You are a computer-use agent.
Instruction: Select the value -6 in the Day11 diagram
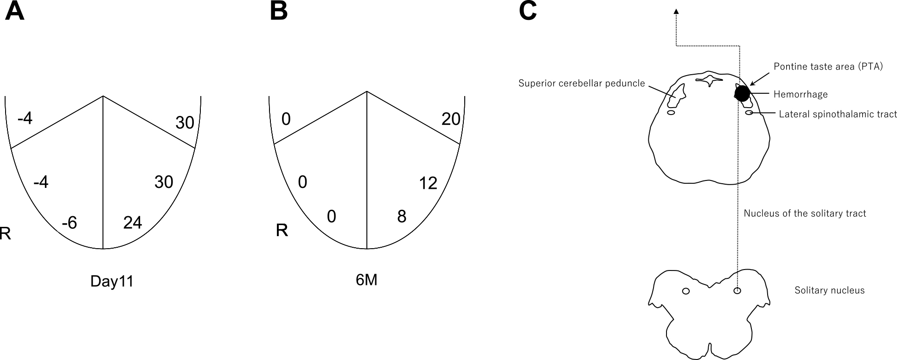[69, 223]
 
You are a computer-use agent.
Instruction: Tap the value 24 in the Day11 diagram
[133, 223]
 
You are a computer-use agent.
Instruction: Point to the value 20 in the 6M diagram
[451, 119]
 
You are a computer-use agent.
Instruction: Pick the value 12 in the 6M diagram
[428, 183]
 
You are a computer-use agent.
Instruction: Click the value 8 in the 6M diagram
[402, 216]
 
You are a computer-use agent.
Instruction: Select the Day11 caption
[112, 282]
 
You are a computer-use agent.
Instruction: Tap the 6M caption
[366, 280]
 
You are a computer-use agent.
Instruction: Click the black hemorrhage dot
[742, 94]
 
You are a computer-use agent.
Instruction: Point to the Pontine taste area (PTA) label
[828, 66]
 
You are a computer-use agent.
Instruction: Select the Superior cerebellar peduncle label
[582, 84]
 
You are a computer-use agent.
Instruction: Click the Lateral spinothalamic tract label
[838, 114]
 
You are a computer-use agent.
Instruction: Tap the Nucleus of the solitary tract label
[805, 213]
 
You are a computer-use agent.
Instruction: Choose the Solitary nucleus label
[829, 290]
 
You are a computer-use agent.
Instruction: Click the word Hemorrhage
[801, 95]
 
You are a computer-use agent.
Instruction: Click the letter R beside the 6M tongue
[282, 230]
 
